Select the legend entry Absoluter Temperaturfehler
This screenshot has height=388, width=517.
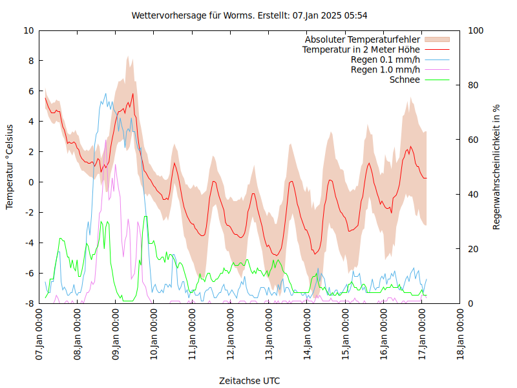pyautogui.click(x=363, y=39)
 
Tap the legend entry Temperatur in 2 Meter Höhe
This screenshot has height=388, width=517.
pyautogui.click(x=361, y=49)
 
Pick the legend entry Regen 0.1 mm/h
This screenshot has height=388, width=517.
pyautogui.click(x=385, y=59)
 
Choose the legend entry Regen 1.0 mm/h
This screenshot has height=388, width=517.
pyautogui.click(x=385, y=69)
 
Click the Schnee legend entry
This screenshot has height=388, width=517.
pyautogui.click(x=405, y=80)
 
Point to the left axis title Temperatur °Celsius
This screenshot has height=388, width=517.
pyautogui.click(x=10, y=167)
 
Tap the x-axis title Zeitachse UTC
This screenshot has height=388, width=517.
pyautogui.click(x=249, y=380)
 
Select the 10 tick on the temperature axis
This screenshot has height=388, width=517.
pyautogui.click(x=28, y=30)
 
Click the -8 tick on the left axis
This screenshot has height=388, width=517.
pyautogui.click(x=28, y=303)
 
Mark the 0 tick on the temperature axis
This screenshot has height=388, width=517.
pyautogui.click(x=30, y=182)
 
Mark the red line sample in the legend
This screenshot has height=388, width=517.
pyautogui.click(x=436, y=49)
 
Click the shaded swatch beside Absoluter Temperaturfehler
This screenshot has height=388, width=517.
pyautogui.click(x=436, y=39)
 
